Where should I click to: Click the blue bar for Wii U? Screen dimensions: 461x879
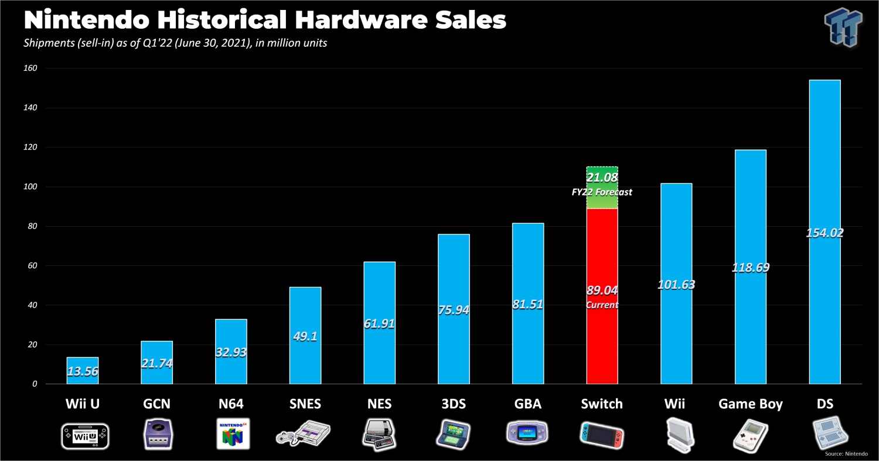[x=82, y=371]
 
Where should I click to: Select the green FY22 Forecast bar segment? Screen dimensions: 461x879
[x=602, y=187]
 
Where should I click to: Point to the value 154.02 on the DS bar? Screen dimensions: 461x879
[x=824, y=233]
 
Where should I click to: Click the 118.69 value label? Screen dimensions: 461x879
[x=750, y=268]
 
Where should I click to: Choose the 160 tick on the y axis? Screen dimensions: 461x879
[x=30, y=69]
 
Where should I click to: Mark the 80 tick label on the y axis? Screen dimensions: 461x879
[x=32, y=227]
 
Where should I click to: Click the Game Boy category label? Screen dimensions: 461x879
[x=750, y=404]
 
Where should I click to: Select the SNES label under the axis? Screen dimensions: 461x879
[x=305, y=404]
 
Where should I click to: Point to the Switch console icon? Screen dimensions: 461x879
[x=601, y=433]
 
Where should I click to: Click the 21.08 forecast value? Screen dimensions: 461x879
[x=602, y=177]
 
